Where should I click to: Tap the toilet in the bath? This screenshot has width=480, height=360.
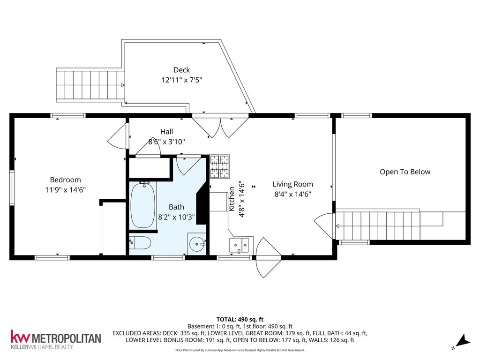click(x=140, y=243)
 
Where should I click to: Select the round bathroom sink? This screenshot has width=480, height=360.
click(x=197, y=244)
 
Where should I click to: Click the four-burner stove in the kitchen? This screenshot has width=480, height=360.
click(x=219, y=167)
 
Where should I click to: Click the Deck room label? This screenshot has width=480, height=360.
click(x=182, y=70)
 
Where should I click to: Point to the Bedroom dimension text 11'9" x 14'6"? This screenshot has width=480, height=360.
click(x=65, y=190)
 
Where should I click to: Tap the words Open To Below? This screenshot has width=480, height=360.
click(x=405, y=172)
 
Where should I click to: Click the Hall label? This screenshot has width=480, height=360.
click(x=166, y=132)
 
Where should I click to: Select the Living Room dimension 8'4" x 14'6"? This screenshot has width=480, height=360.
click(x=292, y=194)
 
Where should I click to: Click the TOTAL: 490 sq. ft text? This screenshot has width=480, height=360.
click(x=240, y=320)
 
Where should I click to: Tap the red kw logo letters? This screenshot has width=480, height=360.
click(x=20, y=337)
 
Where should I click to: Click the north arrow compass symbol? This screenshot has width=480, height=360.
click(x=462, y=342)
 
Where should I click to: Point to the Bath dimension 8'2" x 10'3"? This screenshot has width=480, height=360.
click(x=176, y=217)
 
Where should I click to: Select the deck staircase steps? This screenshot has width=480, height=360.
click(x=90, y=85)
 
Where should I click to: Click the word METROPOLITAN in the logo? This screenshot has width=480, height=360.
click(x=67, y=338)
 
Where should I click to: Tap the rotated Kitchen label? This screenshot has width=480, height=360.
click(x=232, y=199)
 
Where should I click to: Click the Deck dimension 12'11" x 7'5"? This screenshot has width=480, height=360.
click(x=182, y=80)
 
